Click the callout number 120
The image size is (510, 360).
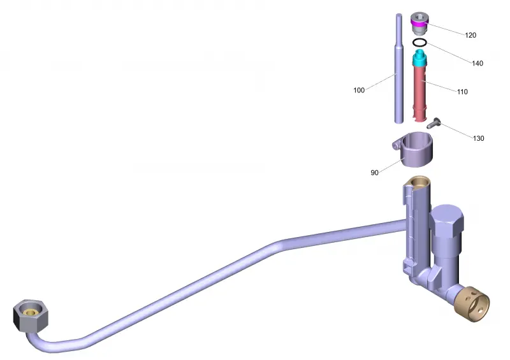pos(470,35)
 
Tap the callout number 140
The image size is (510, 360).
pos(477,63)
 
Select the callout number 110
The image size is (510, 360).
pos(462,92)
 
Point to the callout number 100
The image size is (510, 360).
pos(359,90)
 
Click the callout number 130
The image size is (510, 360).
pos(478,138)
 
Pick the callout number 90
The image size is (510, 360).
pos(374,173)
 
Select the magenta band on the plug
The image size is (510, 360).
pos(418,22)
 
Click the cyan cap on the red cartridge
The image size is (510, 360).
pos(419,58)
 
